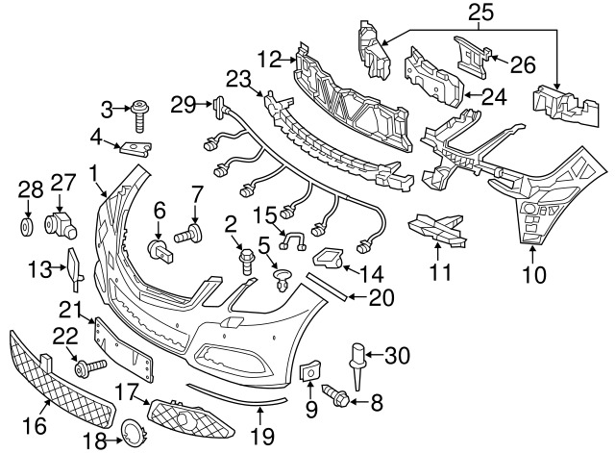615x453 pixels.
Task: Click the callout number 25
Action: point(480,13)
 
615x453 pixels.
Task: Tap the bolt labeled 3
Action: point(140,116)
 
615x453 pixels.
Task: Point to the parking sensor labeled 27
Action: point(60,226)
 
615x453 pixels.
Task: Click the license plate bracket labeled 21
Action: point(123,349)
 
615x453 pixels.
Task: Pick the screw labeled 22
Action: point(89,368)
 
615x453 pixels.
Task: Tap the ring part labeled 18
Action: point(134,433)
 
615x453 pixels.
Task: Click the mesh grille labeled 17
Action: point(191,418)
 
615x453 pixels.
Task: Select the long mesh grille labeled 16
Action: point(61,380)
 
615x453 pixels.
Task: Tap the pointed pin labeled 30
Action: point(357,366)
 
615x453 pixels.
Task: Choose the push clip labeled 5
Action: point(282,280)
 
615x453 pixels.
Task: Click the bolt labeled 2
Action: point(247,261)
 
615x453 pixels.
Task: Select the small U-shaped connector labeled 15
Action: point(292,240)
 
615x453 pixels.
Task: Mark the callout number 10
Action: point(534,274)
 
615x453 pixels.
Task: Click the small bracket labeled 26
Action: point(472,58)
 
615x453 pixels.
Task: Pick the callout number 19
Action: point(262,436)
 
